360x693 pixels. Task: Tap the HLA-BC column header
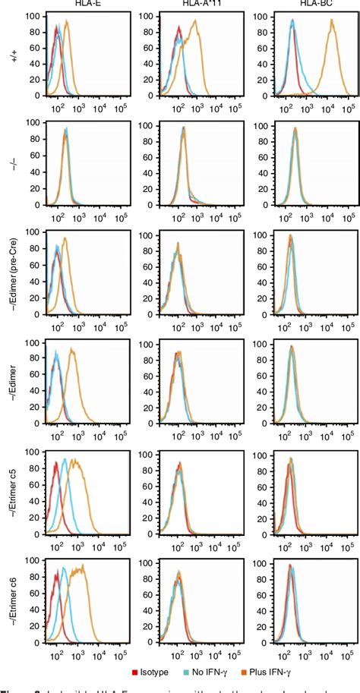coord(298,5)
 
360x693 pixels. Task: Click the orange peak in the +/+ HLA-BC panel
coord(331,23)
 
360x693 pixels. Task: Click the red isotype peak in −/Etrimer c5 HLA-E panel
coord(56,465)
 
